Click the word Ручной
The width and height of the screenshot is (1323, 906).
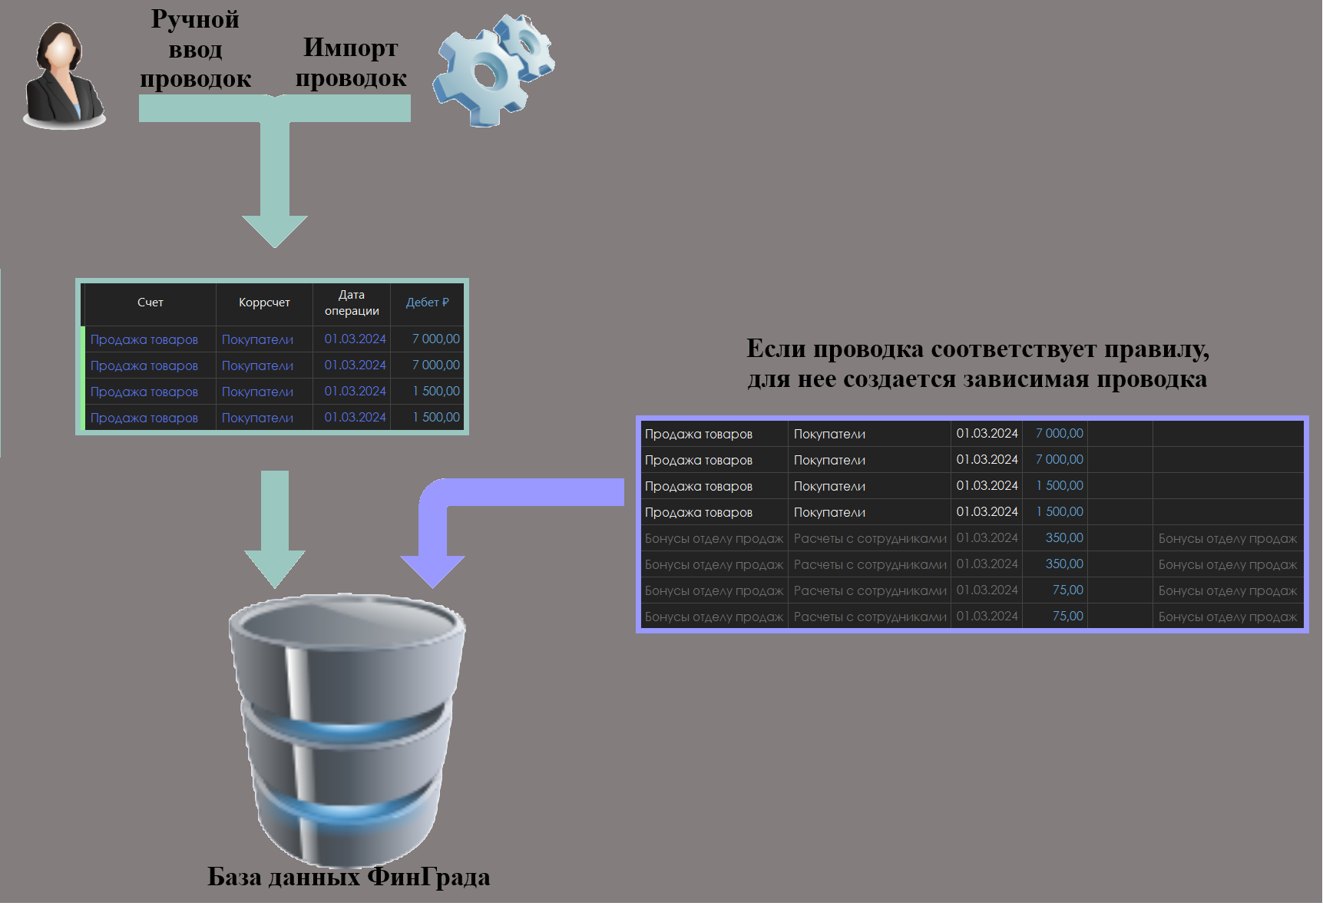pos(195,19)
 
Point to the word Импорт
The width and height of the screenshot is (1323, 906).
pos(350,48)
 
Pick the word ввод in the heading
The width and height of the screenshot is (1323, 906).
pos(195,50)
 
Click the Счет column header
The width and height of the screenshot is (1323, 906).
pos(150,303)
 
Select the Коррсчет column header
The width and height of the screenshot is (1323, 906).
pos(264,303)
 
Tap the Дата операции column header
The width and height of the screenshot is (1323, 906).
pos(352,303)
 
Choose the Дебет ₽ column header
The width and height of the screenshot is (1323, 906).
pos(427,303)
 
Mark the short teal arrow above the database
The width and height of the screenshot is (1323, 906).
pos(275,530)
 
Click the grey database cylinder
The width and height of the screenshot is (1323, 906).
pos(347,729)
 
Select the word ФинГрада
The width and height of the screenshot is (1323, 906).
pos(428,877)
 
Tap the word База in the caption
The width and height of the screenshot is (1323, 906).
pos(234,877)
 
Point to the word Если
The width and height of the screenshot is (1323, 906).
pos(776,349)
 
